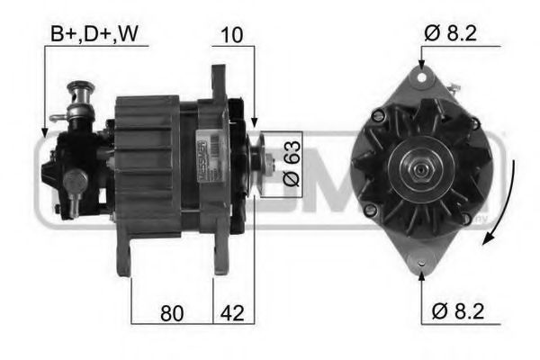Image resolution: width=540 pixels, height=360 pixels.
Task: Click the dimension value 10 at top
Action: click(231, 35)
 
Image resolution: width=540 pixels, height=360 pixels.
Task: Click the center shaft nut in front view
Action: click(419, 170)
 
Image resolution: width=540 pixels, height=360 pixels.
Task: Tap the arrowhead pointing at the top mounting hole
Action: click(422, 65)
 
